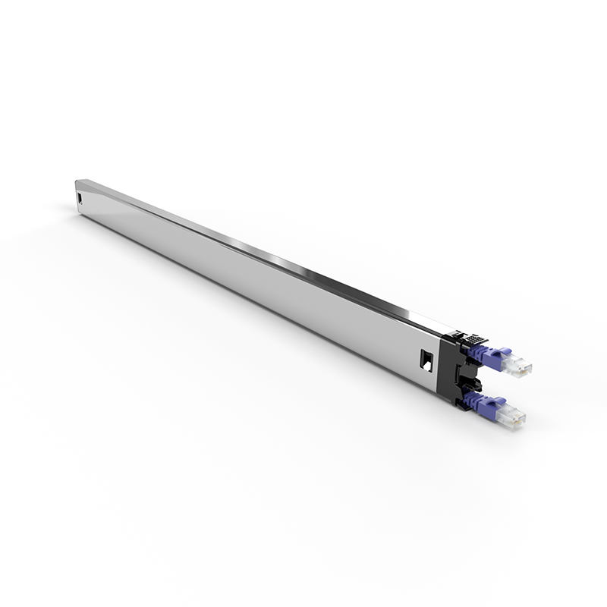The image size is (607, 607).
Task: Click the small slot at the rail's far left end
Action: pos(80,199)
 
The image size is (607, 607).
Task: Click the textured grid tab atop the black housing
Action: pos(474,340)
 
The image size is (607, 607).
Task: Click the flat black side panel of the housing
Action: pos(448,372)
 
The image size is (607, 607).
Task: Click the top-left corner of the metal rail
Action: pos(77,181)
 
